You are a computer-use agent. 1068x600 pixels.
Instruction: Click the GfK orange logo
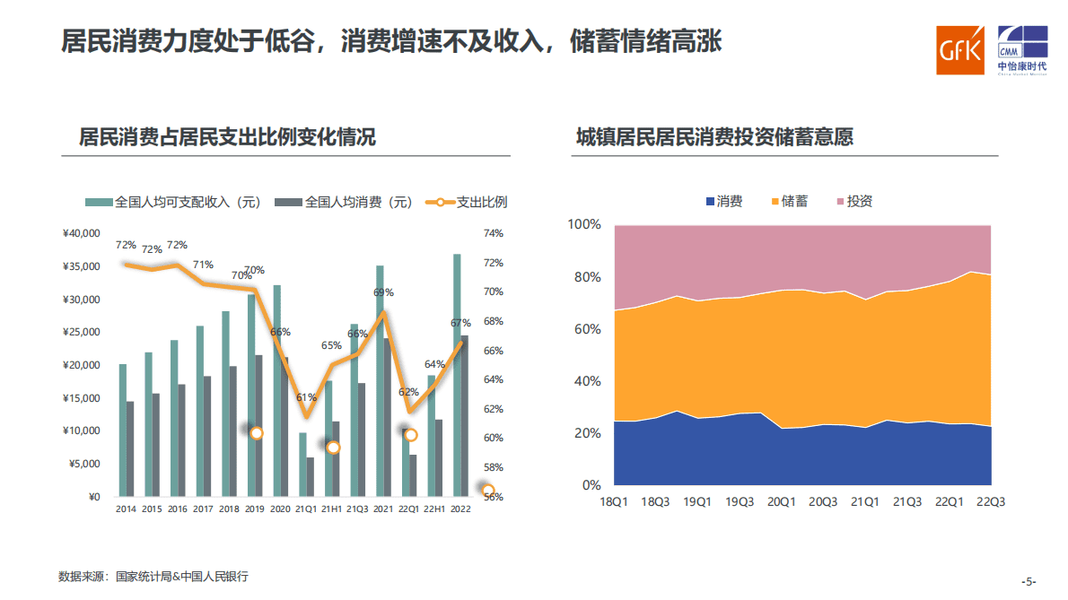960,48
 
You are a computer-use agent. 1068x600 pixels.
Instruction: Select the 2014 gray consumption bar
130,448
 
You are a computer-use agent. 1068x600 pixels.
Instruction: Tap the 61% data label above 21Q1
306,397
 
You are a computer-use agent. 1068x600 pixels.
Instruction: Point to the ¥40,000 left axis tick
81,234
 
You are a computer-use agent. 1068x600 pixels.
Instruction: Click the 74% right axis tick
494,234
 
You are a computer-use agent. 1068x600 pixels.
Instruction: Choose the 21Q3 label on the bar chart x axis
358,509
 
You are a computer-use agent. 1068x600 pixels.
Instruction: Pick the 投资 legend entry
853,202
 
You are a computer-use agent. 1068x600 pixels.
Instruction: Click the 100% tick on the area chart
584,224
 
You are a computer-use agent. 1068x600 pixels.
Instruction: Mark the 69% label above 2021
383,292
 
